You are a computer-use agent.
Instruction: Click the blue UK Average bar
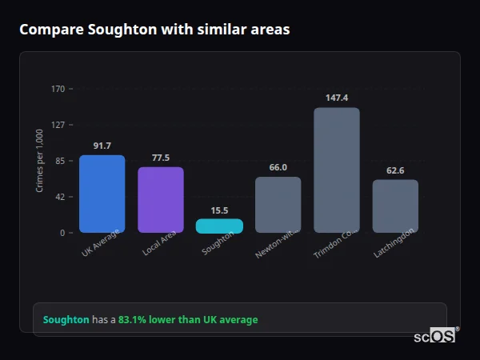coord(102,194)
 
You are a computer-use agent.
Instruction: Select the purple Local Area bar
coord(161,200)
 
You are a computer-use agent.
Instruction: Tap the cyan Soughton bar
coord(219,226)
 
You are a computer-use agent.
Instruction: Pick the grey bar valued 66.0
coord(278,205)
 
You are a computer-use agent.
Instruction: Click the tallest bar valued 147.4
coord(337,170)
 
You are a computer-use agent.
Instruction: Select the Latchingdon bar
coord(395,206)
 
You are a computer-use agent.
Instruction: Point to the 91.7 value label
coord(102,146)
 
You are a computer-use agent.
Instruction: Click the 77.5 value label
coord(161,158)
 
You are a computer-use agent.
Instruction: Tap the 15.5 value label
coord(219,210)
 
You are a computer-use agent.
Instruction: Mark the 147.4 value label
coord(337,98)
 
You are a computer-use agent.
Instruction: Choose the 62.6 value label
coord(395,170)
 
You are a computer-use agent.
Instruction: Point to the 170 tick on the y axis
coord(58,89)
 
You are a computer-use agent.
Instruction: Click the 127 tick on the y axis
coord(58,125)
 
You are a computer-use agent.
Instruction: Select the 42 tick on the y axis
coord(59,197)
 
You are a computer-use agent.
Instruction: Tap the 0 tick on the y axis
coord(62,233)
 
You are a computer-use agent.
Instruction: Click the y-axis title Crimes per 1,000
coord(40,161)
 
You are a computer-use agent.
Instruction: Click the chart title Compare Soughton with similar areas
coord(154,30)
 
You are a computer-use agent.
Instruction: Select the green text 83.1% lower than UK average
coord(188,320)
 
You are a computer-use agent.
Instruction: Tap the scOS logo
coord(435,336)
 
